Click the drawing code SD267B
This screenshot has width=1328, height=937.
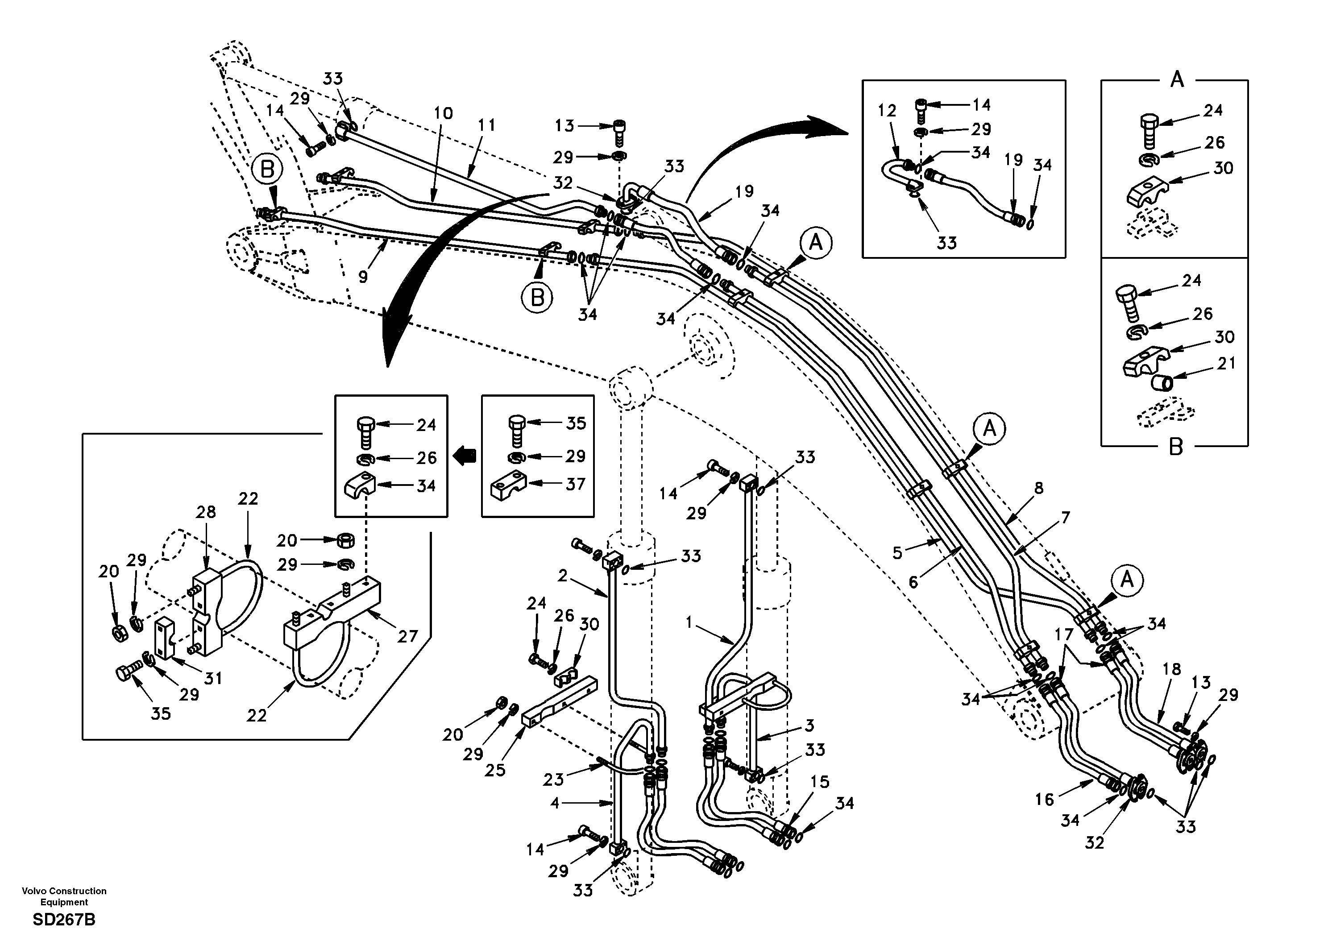click(64, 920)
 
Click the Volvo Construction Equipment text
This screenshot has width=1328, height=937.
click(64, 896)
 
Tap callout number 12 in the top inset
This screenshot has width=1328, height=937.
click(887, 111)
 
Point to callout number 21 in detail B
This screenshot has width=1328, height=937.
click(1226, 363)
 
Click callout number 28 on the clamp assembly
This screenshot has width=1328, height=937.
click(206, 512)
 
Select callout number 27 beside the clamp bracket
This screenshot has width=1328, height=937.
click(407, 636)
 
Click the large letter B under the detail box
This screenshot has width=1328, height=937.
click(1176, 447)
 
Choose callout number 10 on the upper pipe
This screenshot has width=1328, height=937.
click(443, 113)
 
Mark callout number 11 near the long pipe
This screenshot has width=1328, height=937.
click(486, 125)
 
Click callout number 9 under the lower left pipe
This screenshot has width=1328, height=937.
click(363, 277)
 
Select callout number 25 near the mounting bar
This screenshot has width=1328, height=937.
click(495, 770)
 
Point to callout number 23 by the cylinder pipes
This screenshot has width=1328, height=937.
click(553, 779)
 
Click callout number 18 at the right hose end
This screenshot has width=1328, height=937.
click(1171, 669)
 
